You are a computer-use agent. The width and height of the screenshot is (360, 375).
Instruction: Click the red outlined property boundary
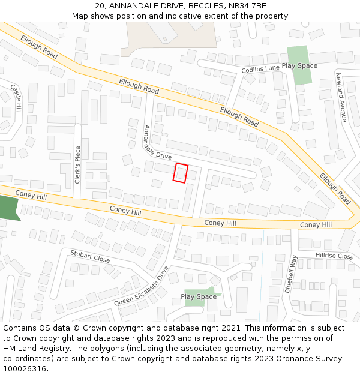click(181, 173)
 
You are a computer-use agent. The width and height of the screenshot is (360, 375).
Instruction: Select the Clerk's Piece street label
click(77, 164)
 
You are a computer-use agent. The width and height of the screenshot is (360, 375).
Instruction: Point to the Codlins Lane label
click(260, 69)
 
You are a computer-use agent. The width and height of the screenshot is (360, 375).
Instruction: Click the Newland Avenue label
click(340, 97)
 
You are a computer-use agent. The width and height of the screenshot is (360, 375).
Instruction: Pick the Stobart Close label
click(90, 256)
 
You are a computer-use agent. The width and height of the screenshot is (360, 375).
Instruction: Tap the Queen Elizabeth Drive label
click(142, 286)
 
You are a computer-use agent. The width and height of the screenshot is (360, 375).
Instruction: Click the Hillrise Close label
click(334, 256)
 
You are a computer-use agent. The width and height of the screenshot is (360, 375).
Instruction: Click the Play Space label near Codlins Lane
click(299, 65)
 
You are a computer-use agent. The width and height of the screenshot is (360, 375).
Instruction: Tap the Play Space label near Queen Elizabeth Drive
click(199, 296)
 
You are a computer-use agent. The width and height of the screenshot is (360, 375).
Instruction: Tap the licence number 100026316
click(25, 368)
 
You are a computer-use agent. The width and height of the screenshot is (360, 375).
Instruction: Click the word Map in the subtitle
click(80, 16)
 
